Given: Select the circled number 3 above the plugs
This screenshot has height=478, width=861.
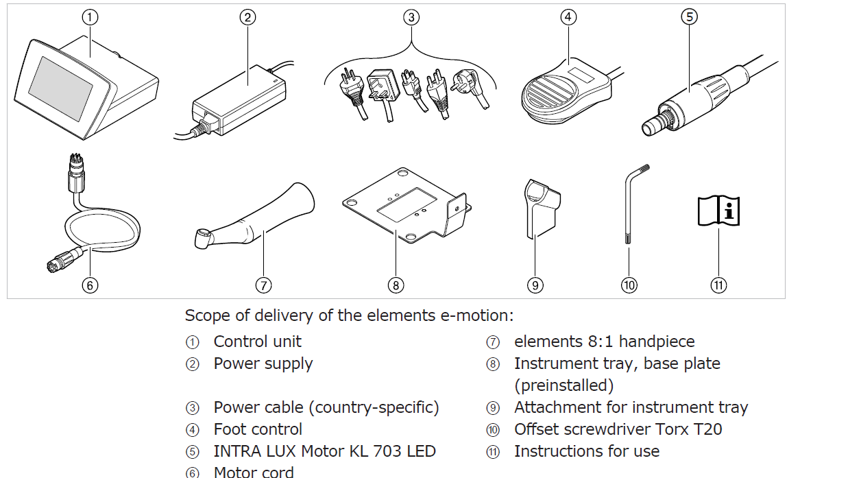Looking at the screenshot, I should [x=411, y=18].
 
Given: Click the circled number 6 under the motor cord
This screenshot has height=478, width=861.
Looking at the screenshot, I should [x=90, y=285].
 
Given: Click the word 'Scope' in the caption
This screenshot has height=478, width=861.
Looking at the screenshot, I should [x=206, y=316].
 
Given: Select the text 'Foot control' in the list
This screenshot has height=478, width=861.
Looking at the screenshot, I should [x=258, y=429].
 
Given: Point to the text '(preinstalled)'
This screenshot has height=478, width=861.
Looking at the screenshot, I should [x=563, y=385].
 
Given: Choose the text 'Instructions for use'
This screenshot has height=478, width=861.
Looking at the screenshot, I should [x=587, y=451].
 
